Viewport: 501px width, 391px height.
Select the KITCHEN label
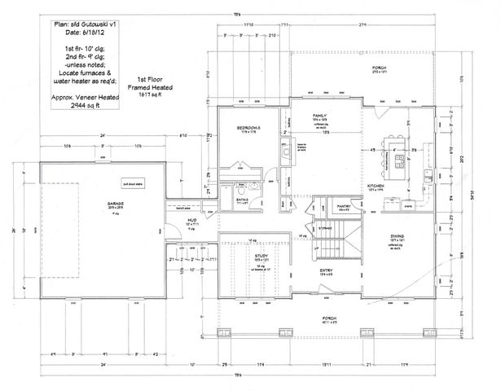click(376, 187)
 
